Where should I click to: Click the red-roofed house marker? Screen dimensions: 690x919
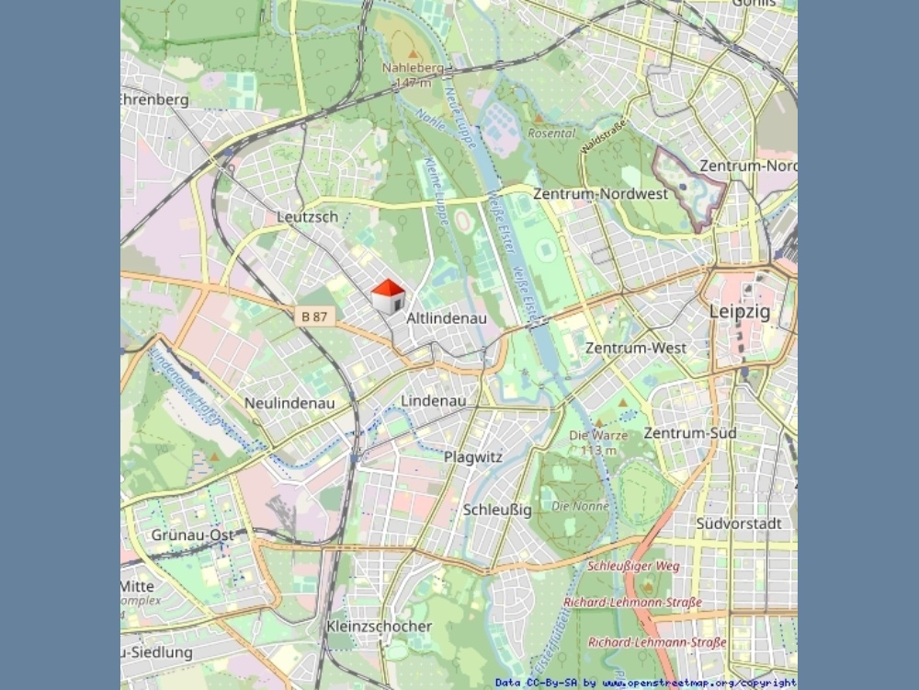point(388,296)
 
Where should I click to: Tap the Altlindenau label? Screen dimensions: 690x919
point(446,318)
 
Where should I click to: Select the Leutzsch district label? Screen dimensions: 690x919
point(307,217)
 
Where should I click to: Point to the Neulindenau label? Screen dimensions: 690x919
point(289,403)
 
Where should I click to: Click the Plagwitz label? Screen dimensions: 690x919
point(473,456)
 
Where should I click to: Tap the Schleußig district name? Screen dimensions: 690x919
point(497,510)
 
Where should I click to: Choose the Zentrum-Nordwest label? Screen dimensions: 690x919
point(600,194)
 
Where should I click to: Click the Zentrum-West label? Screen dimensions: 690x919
point(635,349)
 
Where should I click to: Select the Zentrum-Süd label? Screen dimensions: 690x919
point(689,432)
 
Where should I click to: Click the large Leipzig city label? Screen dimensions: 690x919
point(739,311)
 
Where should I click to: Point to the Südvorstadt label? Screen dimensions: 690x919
point(738,523)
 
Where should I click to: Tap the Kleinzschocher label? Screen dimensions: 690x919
point(379,627)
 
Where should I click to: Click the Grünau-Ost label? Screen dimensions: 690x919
point(193,535)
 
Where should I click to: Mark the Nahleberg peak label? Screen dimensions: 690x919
point(413,68)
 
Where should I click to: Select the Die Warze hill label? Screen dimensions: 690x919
point(598,435)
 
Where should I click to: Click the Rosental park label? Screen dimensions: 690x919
point(550,132)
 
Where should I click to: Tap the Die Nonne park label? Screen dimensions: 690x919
point(580,506)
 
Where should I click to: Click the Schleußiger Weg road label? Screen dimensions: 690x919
point(633,566)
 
